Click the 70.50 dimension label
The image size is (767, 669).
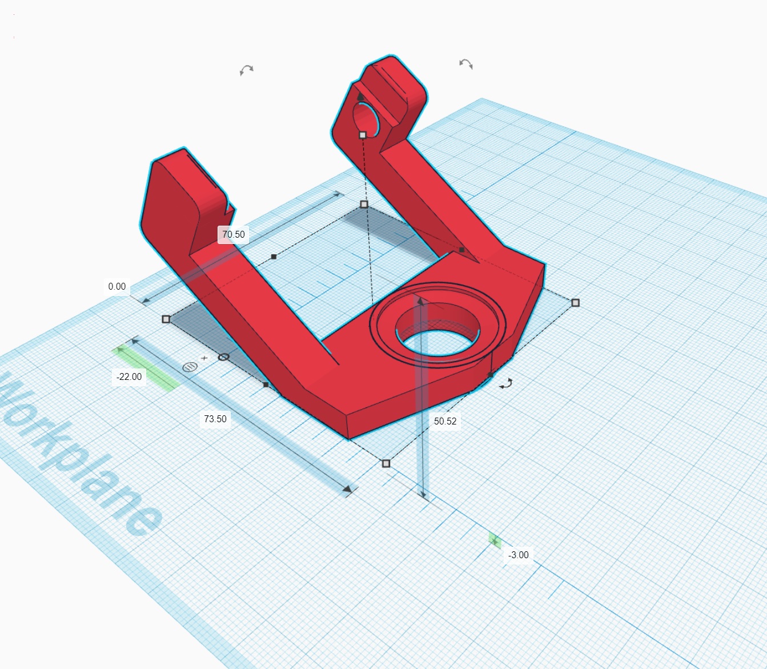tap(233, 234)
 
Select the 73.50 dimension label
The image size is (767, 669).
tap(215, 419)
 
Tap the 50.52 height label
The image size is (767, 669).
tap(445, 420)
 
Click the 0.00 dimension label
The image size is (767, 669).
tap(117, 286)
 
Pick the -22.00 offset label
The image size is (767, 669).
tap(129, 376)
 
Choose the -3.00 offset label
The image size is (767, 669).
tap(518, 555)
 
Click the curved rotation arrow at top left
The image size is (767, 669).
tap(246, 70)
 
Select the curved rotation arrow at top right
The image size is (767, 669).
tap(466, 64)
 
